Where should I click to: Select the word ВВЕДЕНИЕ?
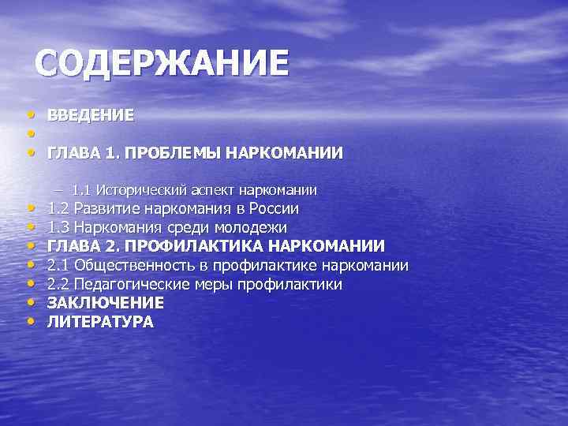(90, 115)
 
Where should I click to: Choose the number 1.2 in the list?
(58, 210)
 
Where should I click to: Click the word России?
(273, 210)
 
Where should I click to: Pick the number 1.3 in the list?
(58, 228)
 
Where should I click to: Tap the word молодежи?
(251, 228)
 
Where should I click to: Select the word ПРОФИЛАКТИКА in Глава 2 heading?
(196, 246)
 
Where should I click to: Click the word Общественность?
(126, 265)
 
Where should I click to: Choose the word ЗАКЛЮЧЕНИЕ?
(106, 303)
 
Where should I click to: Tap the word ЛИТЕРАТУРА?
(100, 321)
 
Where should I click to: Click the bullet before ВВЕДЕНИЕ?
(30, 116)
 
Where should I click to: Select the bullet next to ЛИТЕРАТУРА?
(30, 322)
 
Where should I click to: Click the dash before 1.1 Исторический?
(61, 190)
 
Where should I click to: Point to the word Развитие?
(105, 210)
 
